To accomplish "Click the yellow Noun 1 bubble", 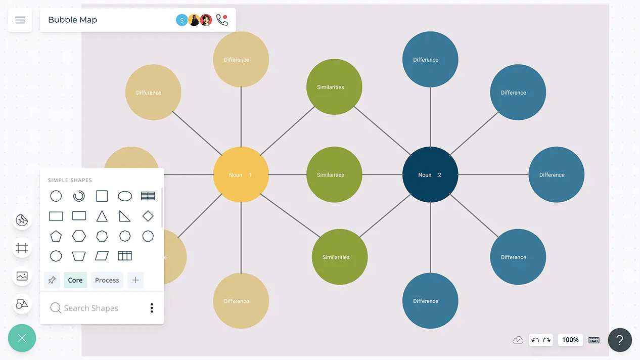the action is (x=241, y=175).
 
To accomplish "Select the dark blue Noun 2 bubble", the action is (x=430, y=175).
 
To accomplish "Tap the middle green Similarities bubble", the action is (x=334, y=175).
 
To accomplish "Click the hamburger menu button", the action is (x=20, y=20).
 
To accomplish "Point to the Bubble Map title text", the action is (x=72, y=20).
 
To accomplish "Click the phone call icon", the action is (x=221, y=20).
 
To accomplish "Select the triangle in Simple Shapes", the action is (x=102, y=216).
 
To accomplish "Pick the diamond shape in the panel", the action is (x=148, y=216).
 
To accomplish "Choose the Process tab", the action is (x=107, y=280).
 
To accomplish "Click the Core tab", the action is (x=75, y=280).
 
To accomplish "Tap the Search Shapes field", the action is (x=91, y=308).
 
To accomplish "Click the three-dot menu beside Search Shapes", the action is (x=152, y=308).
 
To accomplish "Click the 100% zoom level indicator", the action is (x=570, y=340).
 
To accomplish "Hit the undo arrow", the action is (x=535, y=340).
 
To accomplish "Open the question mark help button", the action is (x=620, y=340).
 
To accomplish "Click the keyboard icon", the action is (x=594, y=340).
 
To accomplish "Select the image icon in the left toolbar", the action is (x=22, y=276).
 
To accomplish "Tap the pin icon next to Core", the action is (x=52, y=280).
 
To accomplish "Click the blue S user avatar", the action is (x=181, y=20).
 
